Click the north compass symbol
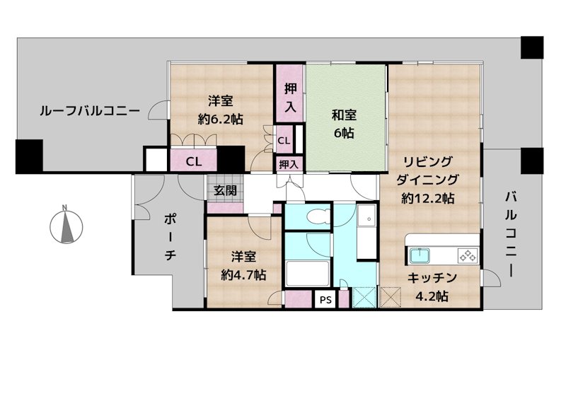pos(65,226)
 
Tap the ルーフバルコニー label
pos(89,111)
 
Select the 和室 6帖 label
pos(345,124)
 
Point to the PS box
pos(325,300)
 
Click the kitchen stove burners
pos(467,254)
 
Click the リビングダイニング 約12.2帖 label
pos(427,180)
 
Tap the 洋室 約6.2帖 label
pos(221,110)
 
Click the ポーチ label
pos(171,236)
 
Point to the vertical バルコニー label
pos(512,233)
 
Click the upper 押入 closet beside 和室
pos(290,98)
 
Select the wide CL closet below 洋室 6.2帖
pos(193,161)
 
